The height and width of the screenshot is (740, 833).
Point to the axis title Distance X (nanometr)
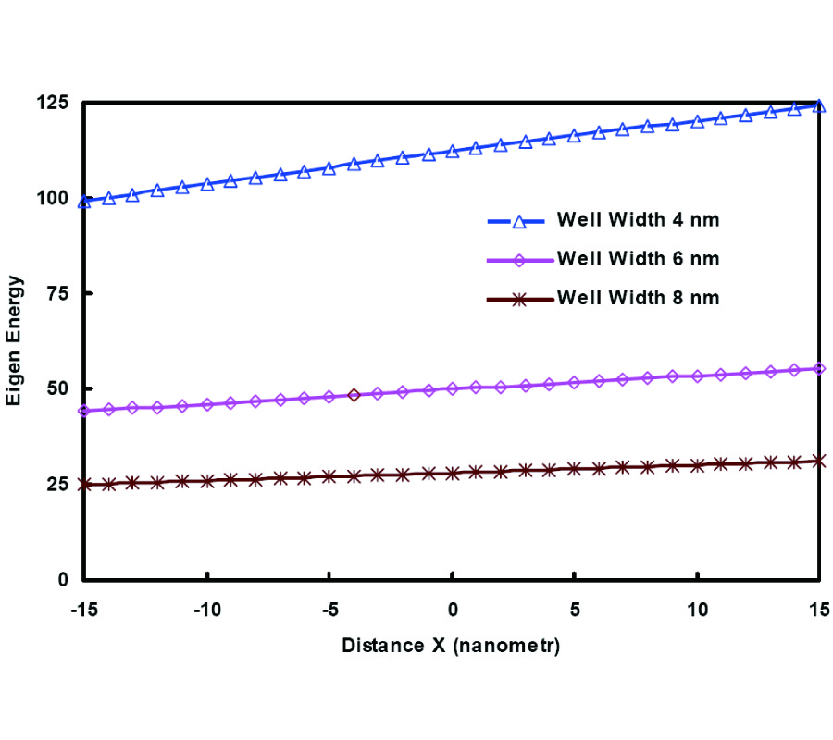pos(451,646)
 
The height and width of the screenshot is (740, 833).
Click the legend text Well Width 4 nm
pos(638,220)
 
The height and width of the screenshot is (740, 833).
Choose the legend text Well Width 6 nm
pos(638,259)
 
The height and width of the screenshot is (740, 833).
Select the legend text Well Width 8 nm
pos(638,298)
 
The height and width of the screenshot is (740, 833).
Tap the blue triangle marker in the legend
pos(519,220)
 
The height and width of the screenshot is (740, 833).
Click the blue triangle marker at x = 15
pos(819,105)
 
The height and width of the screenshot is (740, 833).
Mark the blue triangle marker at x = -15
pos(84,202)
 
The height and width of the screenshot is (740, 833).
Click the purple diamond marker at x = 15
pos(819,368)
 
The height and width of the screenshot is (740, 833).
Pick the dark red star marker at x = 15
pos(819,461)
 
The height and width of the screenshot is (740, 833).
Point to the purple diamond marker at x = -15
pos(84,411)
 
